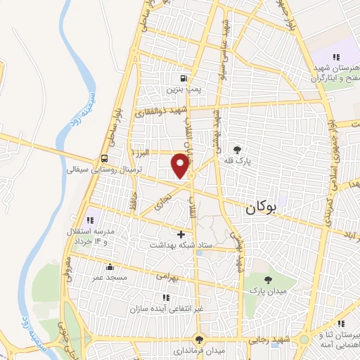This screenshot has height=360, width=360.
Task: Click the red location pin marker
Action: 181,165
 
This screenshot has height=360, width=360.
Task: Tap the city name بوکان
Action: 262,208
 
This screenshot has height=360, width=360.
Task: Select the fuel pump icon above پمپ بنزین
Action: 184,78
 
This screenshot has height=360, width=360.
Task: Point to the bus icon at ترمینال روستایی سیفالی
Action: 104,158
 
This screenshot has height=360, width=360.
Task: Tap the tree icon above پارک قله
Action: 237,149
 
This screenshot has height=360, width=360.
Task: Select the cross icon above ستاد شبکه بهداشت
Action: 181,234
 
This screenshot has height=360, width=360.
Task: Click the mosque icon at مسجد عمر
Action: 110,267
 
